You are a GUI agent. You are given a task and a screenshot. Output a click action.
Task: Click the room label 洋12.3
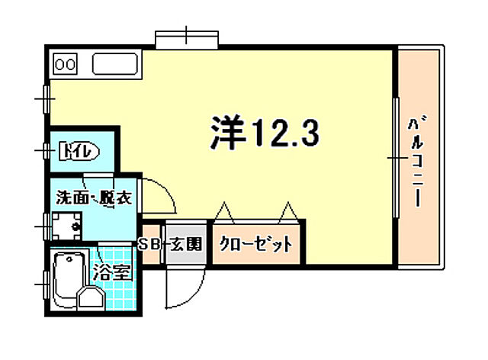[x=263, y=134]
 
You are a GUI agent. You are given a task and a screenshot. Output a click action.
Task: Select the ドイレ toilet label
[x=78, y=152]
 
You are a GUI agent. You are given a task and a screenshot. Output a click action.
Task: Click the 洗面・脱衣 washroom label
[x=93, y=198]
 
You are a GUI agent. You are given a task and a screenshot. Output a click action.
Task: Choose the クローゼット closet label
[x=255, y=245]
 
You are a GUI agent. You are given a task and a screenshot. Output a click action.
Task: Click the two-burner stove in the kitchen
[x=66, y=63]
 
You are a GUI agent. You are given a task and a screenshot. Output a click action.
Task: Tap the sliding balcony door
[x=396, y=157]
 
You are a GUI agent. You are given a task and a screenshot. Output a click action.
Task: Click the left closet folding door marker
[x=225, y=211]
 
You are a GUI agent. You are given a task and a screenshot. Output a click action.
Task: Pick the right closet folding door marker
[x=287, y=211]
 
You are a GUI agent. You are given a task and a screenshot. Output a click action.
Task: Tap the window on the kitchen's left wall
[x=47, y=98]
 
